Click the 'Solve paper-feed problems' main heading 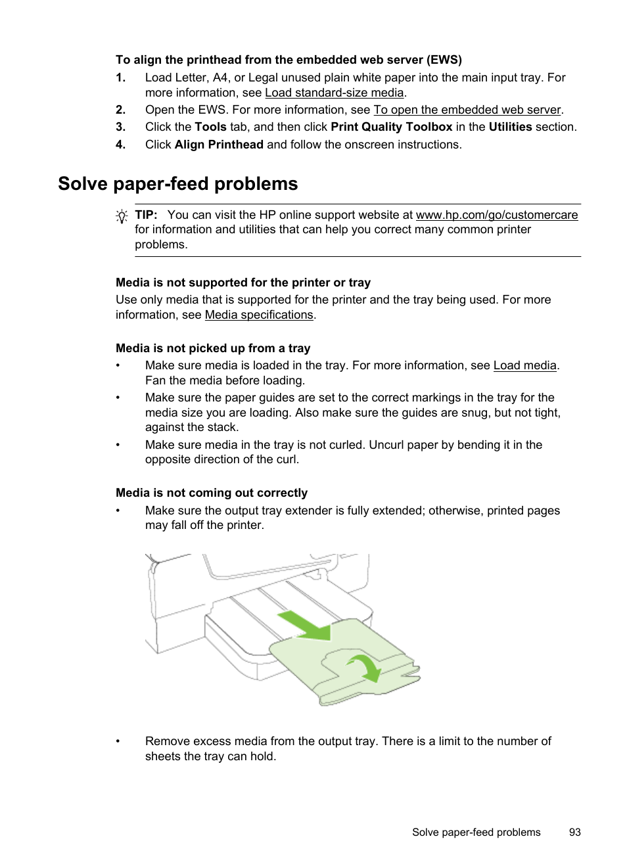pyautogui.click(x=177, y=184)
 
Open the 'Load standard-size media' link pyautogui.click(x=334, y=93)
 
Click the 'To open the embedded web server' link pyautogui.click(x=467, y=110)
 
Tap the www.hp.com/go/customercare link pyautogui.click(x=496, y=215)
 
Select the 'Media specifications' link pyautogui.click(x=258, y=315)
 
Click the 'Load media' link pyautogui.click(x=524, y=365)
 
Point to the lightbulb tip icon pyautogui.click(x=122, y=216)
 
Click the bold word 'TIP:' pyautogui.click(x=146, y=215)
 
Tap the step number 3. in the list pyautogui.click(x=120, y=127)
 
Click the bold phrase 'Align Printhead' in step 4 pyautogui.click(x=219, y=145)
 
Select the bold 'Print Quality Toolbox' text pyautogui.click(x=391, y=127)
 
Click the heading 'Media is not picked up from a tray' pyautogui.click(x=213, y=348)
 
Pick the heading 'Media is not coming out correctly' pyautogui.click(x=212, y=493)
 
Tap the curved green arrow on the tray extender pyautogui.click(x=365, y=667)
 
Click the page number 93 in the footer pyautogui.click(x=574, y=832)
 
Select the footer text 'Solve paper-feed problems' pyautogui.click(x=476, y=832)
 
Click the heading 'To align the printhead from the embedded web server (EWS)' pyautogui.click(x=289, y=60)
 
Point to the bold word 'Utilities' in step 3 pyautogui.click(x=510, y=127)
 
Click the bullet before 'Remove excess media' pyautogui.click(x=118, y=741)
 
